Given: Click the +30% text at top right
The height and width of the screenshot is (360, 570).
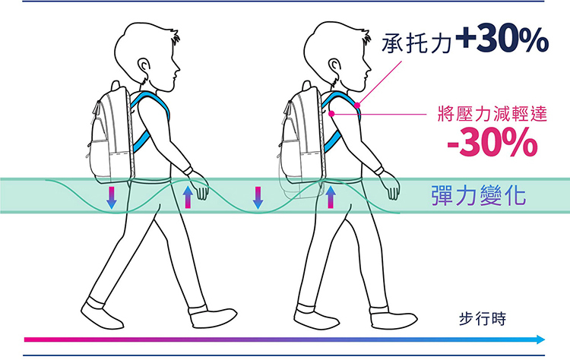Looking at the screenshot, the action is point(502,39).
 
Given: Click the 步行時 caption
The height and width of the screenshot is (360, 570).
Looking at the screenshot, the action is point(483,317).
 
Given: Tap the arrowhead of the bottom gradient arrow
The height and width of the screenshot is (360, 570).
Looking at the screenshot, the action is point(540,339).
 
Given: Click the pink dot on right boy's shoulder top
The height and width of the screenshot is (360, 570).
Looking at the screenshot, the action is point(356,104).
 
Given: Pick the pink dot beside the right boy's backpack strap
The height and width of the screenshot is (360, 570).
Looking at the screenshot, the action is point(332,114).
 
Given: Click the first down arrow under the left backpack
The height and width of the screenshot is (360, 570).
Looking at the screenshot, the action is point(111,197).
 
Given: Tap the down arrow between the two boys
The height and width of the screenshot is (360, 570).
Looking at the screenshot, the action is point(258,197).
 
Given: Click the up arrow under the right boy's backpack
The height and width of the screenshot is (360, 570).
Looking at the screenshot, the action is point(330,197).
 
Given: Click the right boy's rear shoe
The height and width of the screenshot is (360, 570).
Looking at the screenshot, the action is point(315,316).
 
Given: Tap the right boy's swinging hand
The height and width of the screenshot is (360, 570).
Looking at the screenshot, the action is point(390,185).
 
